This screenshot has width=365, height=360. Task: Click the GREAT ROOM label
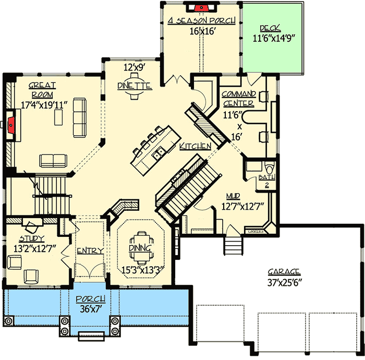point(42,89)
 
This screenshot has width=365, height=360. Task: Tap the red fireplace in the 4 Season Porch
point(200,7)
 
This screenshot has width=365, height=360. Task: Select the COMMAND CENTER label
point(239,98)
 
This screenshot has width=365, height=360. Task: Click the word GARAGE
point(284,272)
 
